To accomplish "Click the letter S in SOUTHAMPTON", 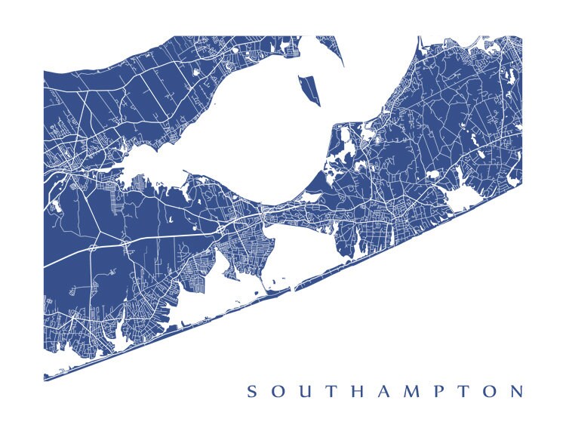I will [252, 391].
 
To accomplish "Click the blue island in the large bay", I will [309, 90].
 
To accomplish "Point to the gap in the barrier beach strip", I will [291, 288].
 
